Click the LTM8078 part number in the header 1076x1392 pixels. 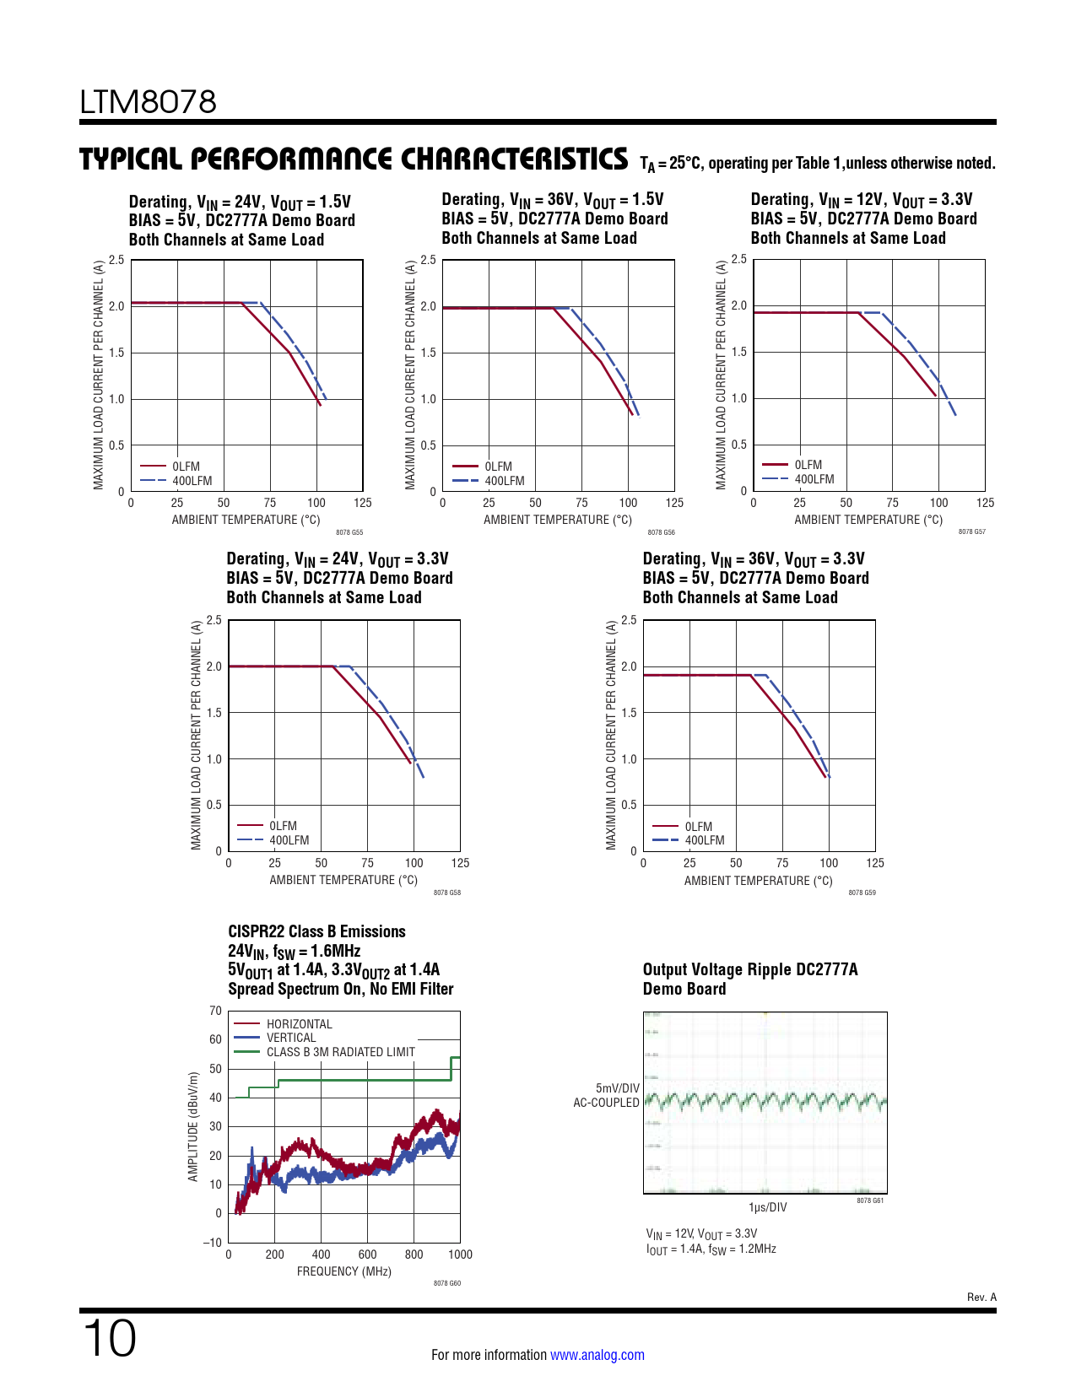click(x=148, y=102)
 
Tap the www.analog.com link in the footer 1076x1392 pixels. click(x=597, y=1355)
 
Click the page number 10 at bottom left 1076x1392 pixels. click(x=110, y=1339)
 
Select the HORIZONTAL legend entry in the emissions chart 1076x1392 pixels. click(x=299, y=1024)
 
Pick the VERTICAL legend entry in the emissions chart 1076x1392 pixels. click(x=290, y=1038)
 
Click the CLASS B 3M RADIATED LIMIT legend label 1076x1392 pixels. click(x=340, y=1052)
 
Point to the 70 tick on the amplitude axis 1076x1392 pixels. click(x=216, y=1011)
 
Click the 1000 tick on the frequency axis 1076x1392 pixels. click(x=460, y=1254)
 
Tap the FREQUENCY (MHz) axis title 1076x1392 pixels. click(x=343, y=1271)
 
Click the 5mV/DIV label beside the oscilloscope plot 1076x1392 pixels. click(x=617, y=1088)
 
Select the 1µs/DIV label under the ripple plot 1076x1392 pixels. click(x=767, y=1207)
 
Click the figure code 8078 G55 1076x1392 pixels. click(x=349, y=532)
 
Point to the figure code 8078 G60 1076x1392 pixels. click(x=447, y=1283)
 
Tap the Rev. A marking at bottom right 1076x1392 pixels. click(x=981, y=1297)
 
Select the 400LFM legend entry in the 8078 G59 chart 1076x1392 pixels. click(x=704, y=840)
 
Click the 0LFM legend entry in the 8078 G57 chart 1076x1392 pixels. click(x=808, y=465)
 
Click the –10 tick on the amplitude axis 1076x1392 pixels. click(x=213, y=1242)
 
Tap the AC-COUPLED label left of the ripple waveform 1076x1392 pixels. click(x=606, y=1103)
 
